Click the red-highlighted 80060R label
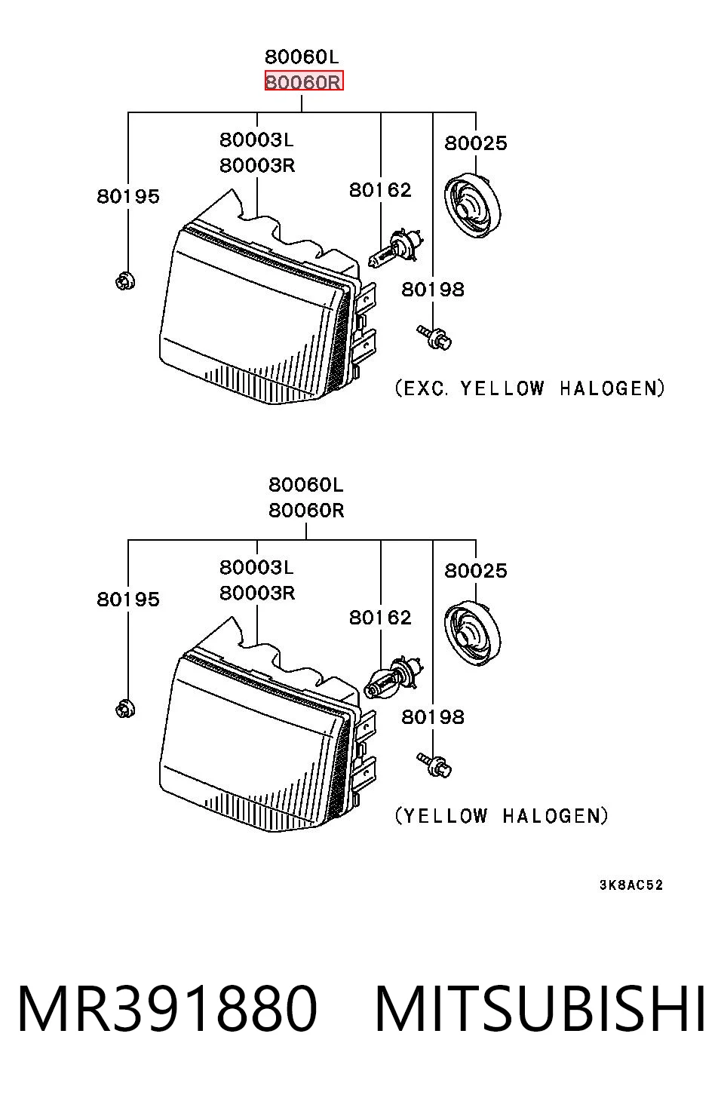pos(304,81)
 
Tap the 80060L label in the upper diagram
pos(302,57)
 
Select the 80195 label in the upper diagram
pos(128,197)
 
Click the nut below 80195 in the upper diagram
pos(125,281)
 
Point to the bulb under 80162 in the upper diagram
pos(395,248)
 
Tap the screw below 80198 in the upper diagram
pos(434,337)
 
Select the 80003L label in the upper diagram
pos(256,140)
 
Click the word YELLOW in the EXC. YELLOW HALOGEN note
pos(502,388)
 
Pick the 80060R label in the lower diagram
pos(306,511)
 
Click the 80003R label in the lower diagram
pos(257,593)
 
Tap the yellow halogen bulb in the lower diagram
pos(394,677)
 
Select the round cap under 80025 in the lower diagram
pos(472,633)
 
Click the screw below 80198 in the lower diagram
pos(434,765)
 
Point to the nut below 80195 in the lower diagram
pos(125,709)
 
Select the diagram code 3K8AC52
pos(631,885)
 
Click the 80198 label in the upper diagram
pos(433,290)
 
